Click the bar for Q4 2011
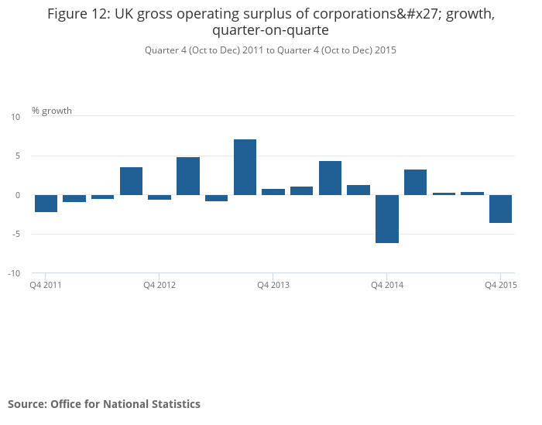pos(46,203)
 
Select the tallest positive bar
pos(245,167)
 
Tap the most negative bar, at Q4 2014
pos(387,218)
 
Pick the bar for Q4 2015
pos(500,208)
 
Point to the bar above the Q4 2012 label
pos(160,197)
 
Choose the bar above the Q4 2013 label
pos(273,192)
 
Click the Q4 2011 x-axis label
pos(46,285)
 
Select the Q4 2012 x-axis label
pos(160,285)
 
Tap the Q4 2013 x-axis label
pos(273,285)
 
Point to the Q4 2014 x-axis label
pos(387,285)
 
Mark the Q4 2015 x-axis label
pos(500,285)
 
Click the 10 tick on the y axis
pos(15,117)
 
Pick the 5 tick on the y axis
pos(17,156)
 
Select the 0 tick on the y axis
pos(17,195)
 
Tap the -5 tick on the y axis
pos(15,235)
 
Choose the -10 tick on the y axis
pos(14,274)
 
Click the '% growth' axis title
pos(52,111)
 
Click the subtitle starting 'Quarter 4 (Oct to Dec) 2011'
pos(270,50)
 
